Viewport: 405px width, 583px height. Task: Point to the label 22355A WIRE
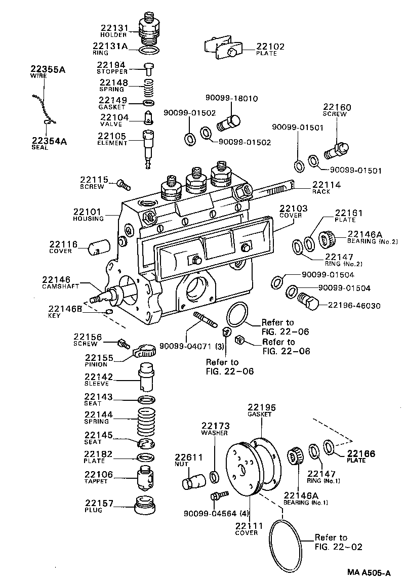(x=47, y=70)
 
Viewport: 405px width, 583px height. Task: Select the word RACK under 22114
(x=321, y=192)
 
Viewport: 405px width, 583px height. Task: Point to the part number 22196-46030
(x=354, y=306)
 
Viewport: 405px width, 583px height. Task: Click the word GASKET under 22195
(x=259, y=414)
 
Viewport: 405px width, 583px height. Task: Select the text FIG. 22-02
(x=338, y=547)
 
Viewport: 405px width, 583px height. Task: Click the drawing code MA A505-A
(x=369, y=573)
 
